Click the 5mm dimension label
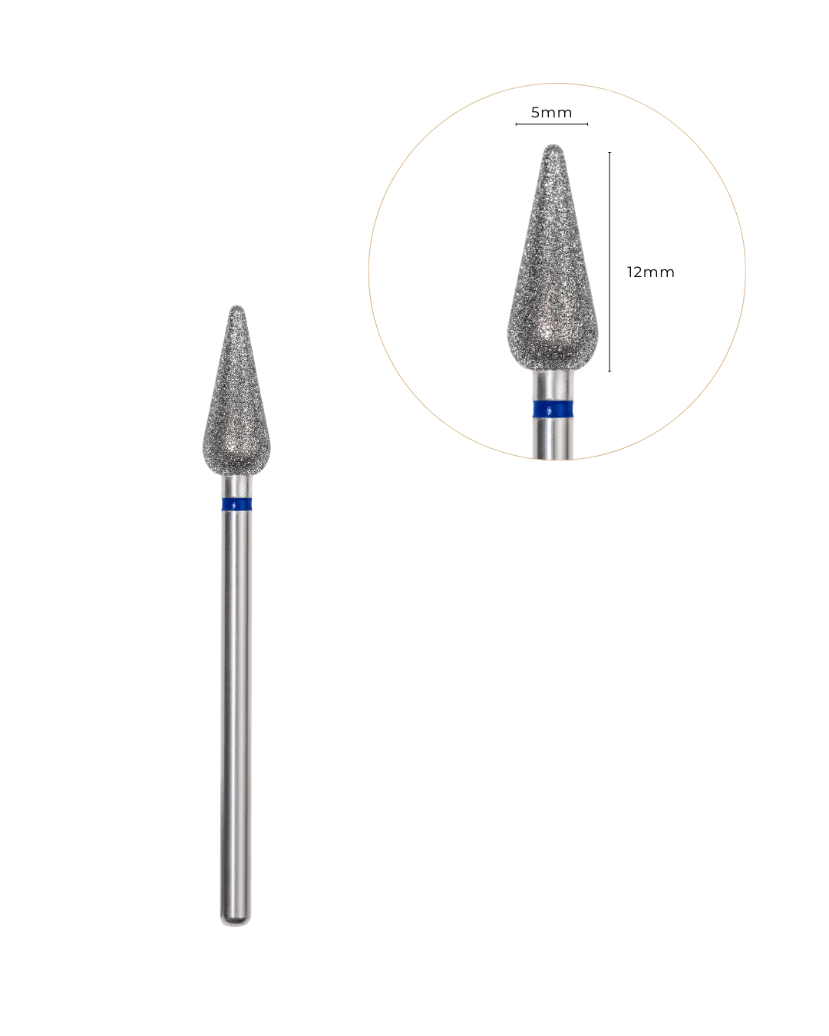pyautogui.click(x=552, y=113)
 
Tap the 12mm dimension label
pyautogui.click(x=650, y=272)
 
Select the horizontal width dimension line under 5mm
pyautogui.click(x=552, y=124)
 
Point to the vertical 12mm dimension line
pyautogui.click(x=609, y=262)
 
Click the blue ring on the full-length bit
pyautogui.click(x=236, y=504)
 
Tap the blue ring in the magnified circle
pyautogui.click(x=553, y=409)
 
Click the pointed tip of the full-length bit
pyautogui.click(x=236, y=306)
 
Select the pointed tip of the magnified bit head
pyautogui.click(x=553, y=145)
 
